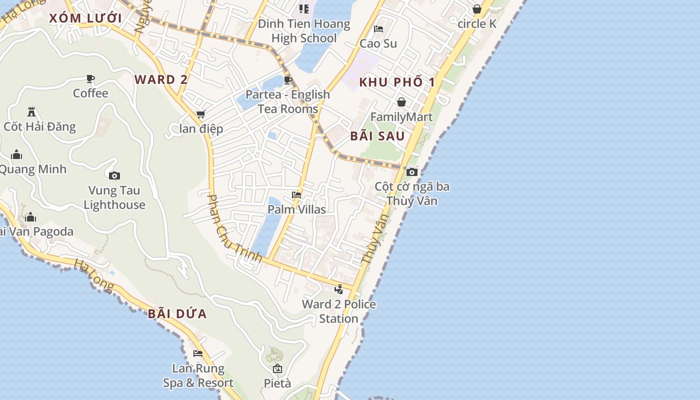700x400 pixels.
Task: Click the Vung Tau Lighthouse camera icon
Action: (114, 175)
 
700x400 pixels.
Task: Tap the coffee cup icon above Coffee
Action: (90, 78)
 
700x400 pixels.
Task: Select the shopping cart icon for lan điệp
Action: (201, 114)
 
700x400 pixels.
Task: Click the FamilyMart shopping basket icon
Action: (401, 102)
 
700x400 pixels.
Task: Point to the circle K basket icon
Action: (477, 9)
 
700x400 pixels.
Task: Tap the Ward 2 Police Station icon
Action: (339, 289)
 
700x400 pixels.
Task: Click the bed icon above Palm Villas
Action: (296, 194)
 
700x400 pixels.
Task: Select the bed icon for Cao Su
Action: (378, 28)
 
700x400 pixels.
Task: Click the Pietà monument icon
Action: (277, 368)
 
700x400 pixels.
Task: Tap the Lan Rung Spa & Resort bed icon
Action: (198, 353)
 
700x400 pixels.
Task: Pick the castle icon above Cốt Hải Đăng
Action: (31, 111)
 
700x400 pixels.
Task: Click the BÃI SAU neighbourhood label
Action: (377, 136)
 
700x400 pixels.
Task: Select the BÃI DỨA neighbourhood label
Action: (177, 314)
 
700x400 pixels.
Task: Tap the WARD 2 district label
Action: (161, 79)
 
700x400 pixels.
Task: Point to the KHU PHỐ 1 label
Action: (397, 82)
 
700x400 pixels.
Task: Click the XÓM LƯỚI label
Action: (85, 18)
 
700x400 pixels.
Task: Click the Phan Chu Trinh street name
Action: (234, 228)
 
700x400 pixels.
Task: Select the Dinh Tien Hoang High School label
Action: (304, 31)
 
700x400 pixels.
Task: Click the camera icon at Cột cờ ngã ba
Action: (412, 172)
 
